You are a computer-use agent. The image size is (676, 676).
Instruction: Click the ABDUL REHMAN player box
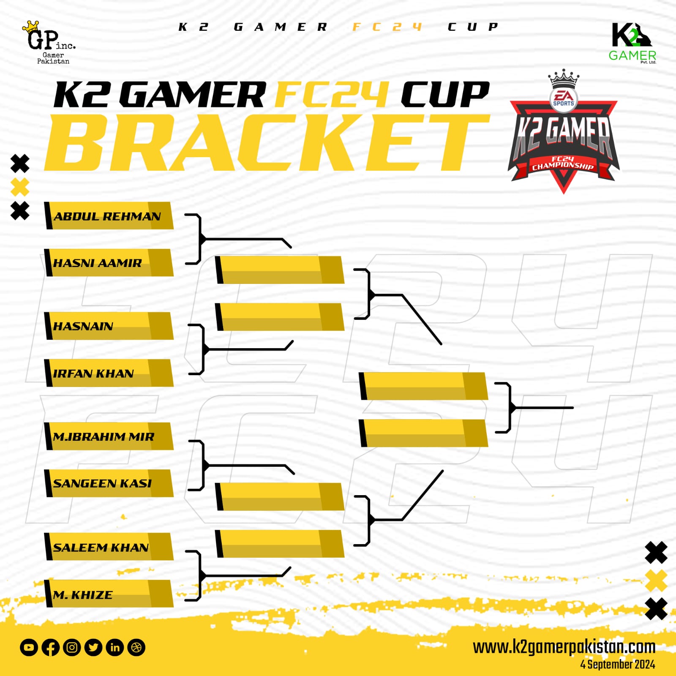pos(109,216)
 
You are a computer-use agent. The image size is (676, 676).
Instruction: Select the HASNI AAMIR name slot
pos(109,263)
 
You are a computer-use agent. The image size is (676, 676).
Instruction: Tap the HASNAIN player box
pos(109,326)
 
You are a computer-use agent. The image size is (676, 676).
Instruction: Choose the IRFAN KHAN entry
pos(109,373)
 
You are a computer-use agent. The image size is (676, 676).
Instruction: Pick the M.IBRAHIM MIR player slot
pos(109,436)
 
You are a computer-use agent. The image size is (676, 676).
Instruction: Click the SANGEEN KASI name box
pos(109,483)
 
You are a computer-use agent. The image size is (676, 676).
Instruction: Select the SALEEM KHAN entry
pos(109,547)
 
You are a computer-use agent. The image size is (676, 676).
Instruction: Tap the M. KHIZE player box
pos(109,594)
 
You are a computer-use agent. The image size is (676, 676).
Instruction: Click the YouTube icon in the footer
pos(29,647)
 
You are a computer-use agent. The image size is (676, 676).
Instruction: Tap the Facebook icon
pos(50,647)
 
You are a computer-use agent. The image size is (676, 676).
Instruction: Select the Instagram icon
pos(72,647)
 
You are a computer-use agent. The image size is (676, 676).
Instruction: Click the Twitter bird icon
pos(93,647)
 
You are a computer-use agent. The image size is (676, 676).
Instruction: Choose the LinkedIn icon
pos(115,647)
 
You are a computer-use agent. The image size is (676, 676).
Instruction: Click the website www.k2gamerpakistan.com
pos(564,647)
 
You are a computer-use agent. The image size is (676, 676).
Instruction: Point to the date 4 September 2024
pos(618,665)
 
